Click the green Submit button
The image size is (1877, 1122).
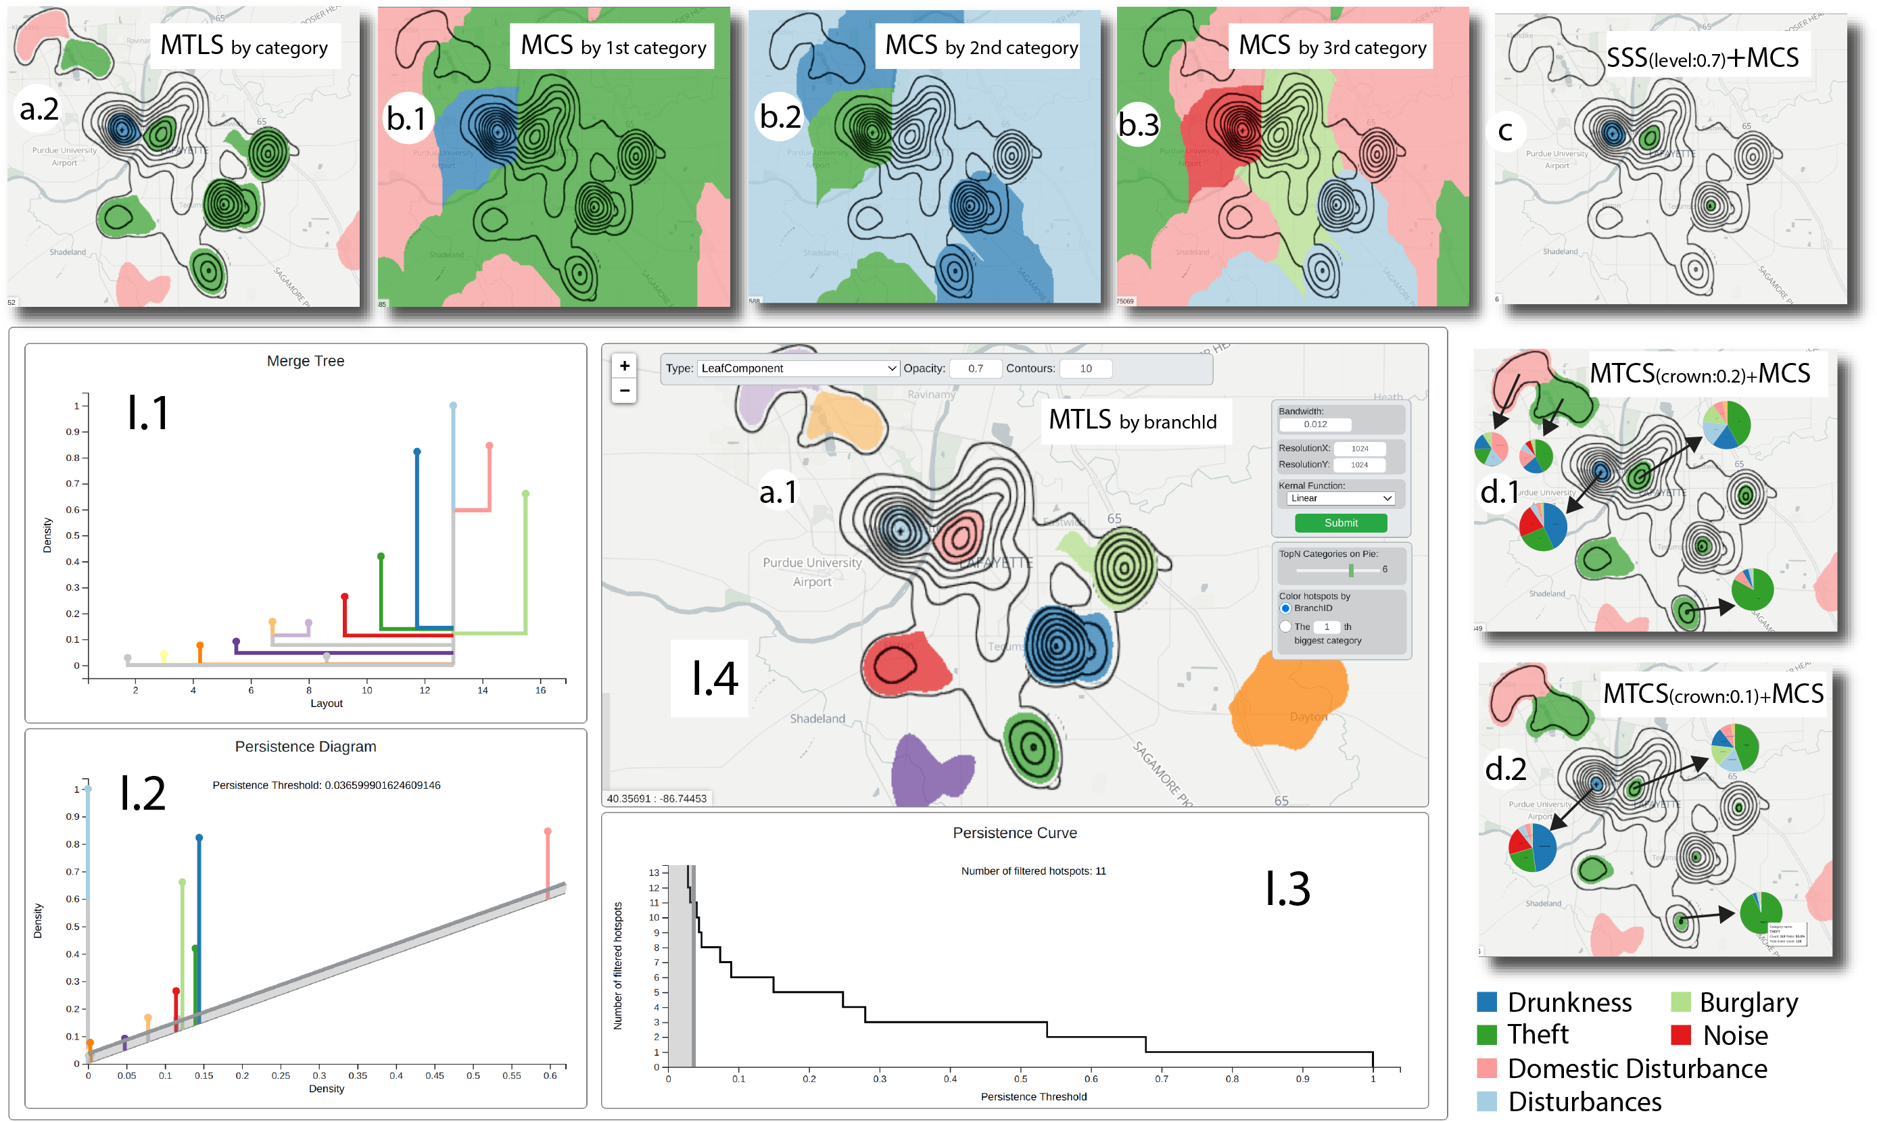pyautogui.click(x=1340, y=522)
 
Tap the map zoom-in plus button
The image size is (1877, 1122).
pyautogui.click(x=624, y=366)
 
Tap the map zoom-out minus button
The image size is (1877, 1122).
pyautogui.click(x=624, y=390)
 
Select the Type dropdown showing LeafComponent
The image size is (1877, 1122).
pyautogui.click(x=797, y=368)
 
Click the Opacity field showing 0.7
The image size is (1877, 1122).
pyautogui.click(x=975, y=368)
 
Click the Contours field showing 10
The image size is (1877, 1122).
pyautogui.click(x=1085, y=368)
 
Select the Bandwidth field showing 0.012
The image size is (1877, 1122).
pyautogui.click(x=1316, y=424)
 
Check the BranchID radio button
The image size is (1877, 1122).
pyautogui.click(x=1285, y=608)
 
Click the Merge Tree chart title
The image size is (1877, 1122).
pyautogui.click(x=306, y=362)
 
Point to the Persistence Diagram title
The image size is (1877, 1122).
pyautogui.click(x=306, y=746)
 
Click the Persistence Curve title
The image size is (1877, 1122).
pyautogui.click(x=1014, y=833)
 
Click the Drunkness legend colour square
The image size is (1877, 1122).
pyautogui.click(x=1487, y=1002)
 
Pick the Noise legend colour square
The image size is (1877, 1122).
pyautogui.click(x=1680, y=1034)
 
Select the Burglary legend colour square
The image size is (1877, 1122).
pyautogui.click(x=1680, y=1002)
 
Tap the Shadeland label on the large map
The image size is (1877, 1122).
pyautogui.click(x=817, y=718)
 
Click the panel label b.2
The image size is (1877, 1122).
pyautogui.click(x=780, y=117)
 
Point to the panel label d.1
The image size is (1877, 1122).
pyautogui.click(x=1500, y=492)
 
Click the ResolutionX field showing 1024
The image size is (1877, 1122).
pyautogui.click(x=1360, y=448)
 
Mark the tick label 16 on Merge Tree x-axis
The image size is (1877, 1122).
pyautogui.click(x=540, y=689)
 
